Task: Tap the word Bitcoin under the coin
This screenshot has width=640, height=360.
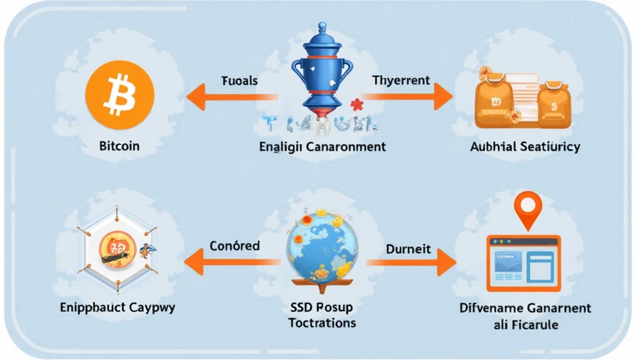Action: tap(119, 146)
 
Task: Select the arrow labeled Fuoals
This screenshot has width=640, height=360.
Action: tap(232, 97)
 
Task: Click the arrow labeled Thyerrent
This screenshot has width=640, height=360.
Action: tap(407, 96)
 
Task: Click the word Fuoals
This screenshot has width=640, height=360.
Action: tap(239, 81)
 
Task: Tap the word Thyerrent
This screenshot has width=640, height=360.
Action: tap(401, 80)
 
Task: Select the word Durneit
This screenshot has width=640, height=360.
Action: tap(409, 248)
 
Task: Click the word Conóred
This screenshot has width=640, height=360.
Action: tap(234, 246)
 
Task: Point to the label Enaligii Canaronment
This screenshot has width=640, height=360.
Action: tap(322, 147)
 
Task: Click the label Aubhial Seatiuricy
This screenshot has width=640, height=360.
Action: tap(525, 147)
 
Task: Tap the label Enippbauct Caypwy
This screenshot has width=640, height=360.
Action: tap(118, 307)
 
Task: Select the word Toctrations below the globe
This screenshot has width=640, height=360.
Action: tap(322, 322)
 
